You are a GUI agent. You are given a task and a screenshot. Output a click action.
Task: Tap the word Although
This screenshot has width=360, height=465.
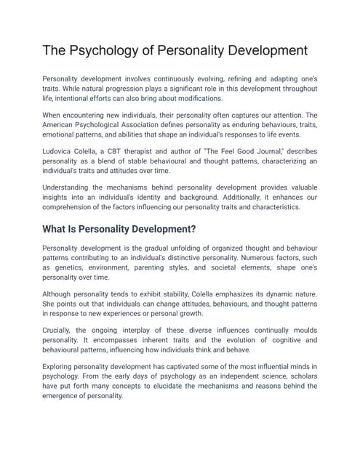click(x=63, y=294)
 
